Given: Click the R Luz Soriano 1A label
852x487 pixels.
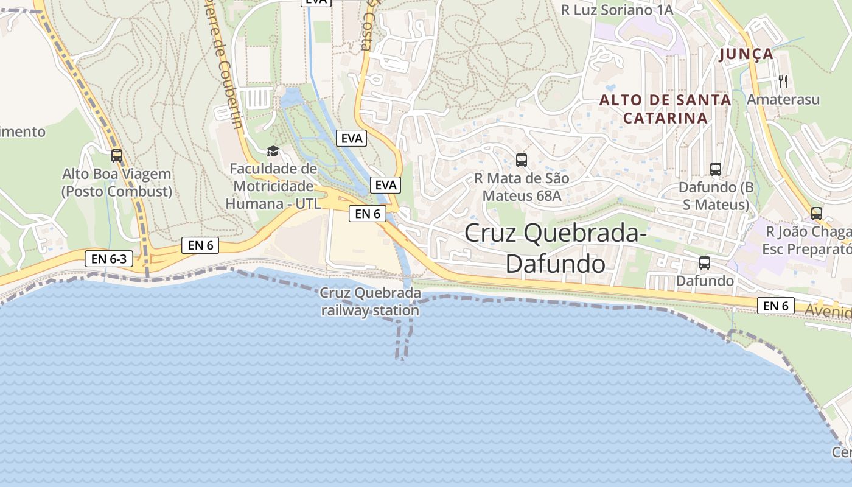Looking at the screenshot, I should point(616,10).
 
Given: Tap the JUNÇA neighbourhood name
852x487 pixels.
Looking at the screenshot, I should point(746,54).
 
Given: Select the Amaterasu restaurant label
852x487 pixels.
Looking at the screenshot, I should point(783,99).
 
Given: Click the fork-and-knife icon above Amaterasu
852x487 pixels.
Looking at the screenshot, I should point(783,80).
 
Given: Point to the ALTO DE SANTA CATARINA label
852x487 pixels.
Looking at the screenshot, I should point(665,109).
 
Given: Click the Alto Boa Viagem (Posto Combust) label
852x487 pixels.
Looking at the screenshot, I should point(117,183).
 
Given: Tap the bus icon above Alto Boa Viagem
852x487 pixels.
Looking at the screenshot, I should point(116,156).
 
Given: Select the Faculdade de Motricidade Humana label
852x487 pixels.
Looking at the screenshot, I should point(273,186).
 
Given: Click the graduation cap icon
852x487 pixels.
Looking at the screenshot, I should point(273,151).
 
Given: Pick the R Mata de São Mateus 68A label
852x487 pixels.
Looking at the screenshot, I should point(522,187).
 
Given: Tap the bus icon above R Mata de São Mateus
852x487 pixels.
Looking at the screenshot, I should point(522,160).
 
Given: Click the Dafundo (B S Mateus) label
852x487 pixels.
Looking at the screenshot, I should point(716,195).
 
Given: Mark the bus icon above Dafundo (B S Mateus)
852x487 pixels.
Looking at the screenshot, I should point(716,169).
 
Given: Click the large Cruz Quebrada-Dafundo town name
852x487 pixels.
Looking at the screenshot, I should point(554,247).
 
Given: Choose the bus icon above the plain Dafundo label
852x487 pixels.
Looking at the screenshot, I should point(705,263).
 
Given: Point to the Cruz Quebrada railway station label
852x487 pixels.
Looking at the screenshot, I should point(371,302).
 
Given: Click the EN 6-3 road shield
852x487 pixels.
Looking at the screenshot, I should point(109,259).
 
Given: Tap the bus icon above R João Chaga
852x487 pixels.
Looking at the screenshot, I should point(817,214).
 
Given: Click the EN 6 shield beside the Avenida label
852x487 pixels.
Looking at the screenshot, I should point(776,306).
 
